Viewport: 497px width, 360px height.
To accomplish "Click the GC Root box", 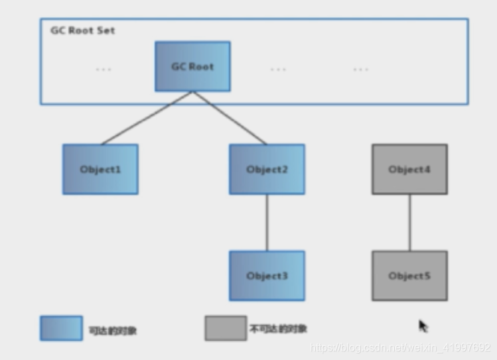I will tap(192, 66).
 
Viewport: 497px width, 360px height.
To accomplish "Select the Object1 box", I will tap(100, 169).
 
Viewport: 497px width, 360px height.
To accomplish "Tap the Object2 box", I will tap(267, 169).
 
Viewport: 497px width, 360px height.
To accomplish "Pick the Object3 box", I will tap(267, 275).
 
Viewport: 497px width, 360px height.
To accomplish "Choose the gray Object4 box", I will tap(409, 169).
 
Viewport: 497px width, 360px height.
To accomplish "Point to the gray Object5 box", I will tap(409, 275).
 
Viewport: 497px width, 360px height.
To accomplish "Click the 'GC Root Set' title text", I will tap(82, 30).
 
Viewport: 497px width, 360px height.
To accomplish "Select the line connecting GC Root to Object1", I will tap(146, 118).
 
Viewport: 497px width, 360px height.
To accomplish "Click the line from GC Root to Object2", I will tap(230, 118).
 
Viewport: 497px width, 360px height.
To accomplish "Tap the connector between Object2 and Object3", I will tap(267, 222).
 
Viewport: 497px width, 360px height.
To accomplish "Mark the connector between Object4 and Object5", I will tap(409, 222).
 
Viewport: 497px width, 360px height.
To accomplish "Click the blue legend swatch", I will tap(61, 328).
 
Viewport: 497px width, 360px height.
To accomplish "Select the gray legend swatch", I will tap(226, 328).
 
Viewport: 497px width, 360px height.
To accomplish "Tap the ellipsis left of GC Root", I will tap(103, 69).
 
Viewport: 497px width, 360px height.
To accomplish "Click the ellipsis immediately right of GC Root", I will tap(278, 69).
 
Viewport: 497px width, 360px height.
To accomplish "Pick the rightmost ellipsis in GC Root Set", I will tap(360, 69).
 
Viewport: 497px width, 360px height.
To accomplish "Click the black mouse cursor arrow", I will tap(423, 326).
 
